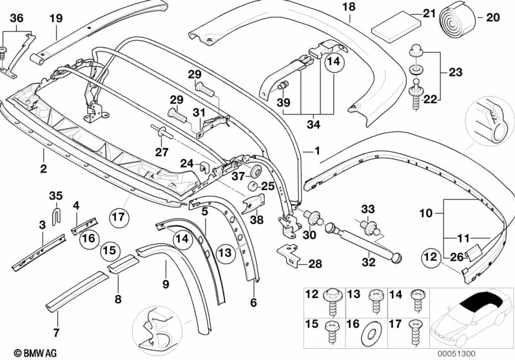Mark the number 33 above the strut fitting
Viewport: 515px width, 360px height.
(x=367, y=209)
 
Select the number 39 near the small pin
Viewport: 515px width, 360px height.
(x=282, y=102)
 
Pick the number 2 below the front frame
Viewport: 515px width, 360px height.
(x=43, y=170)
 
